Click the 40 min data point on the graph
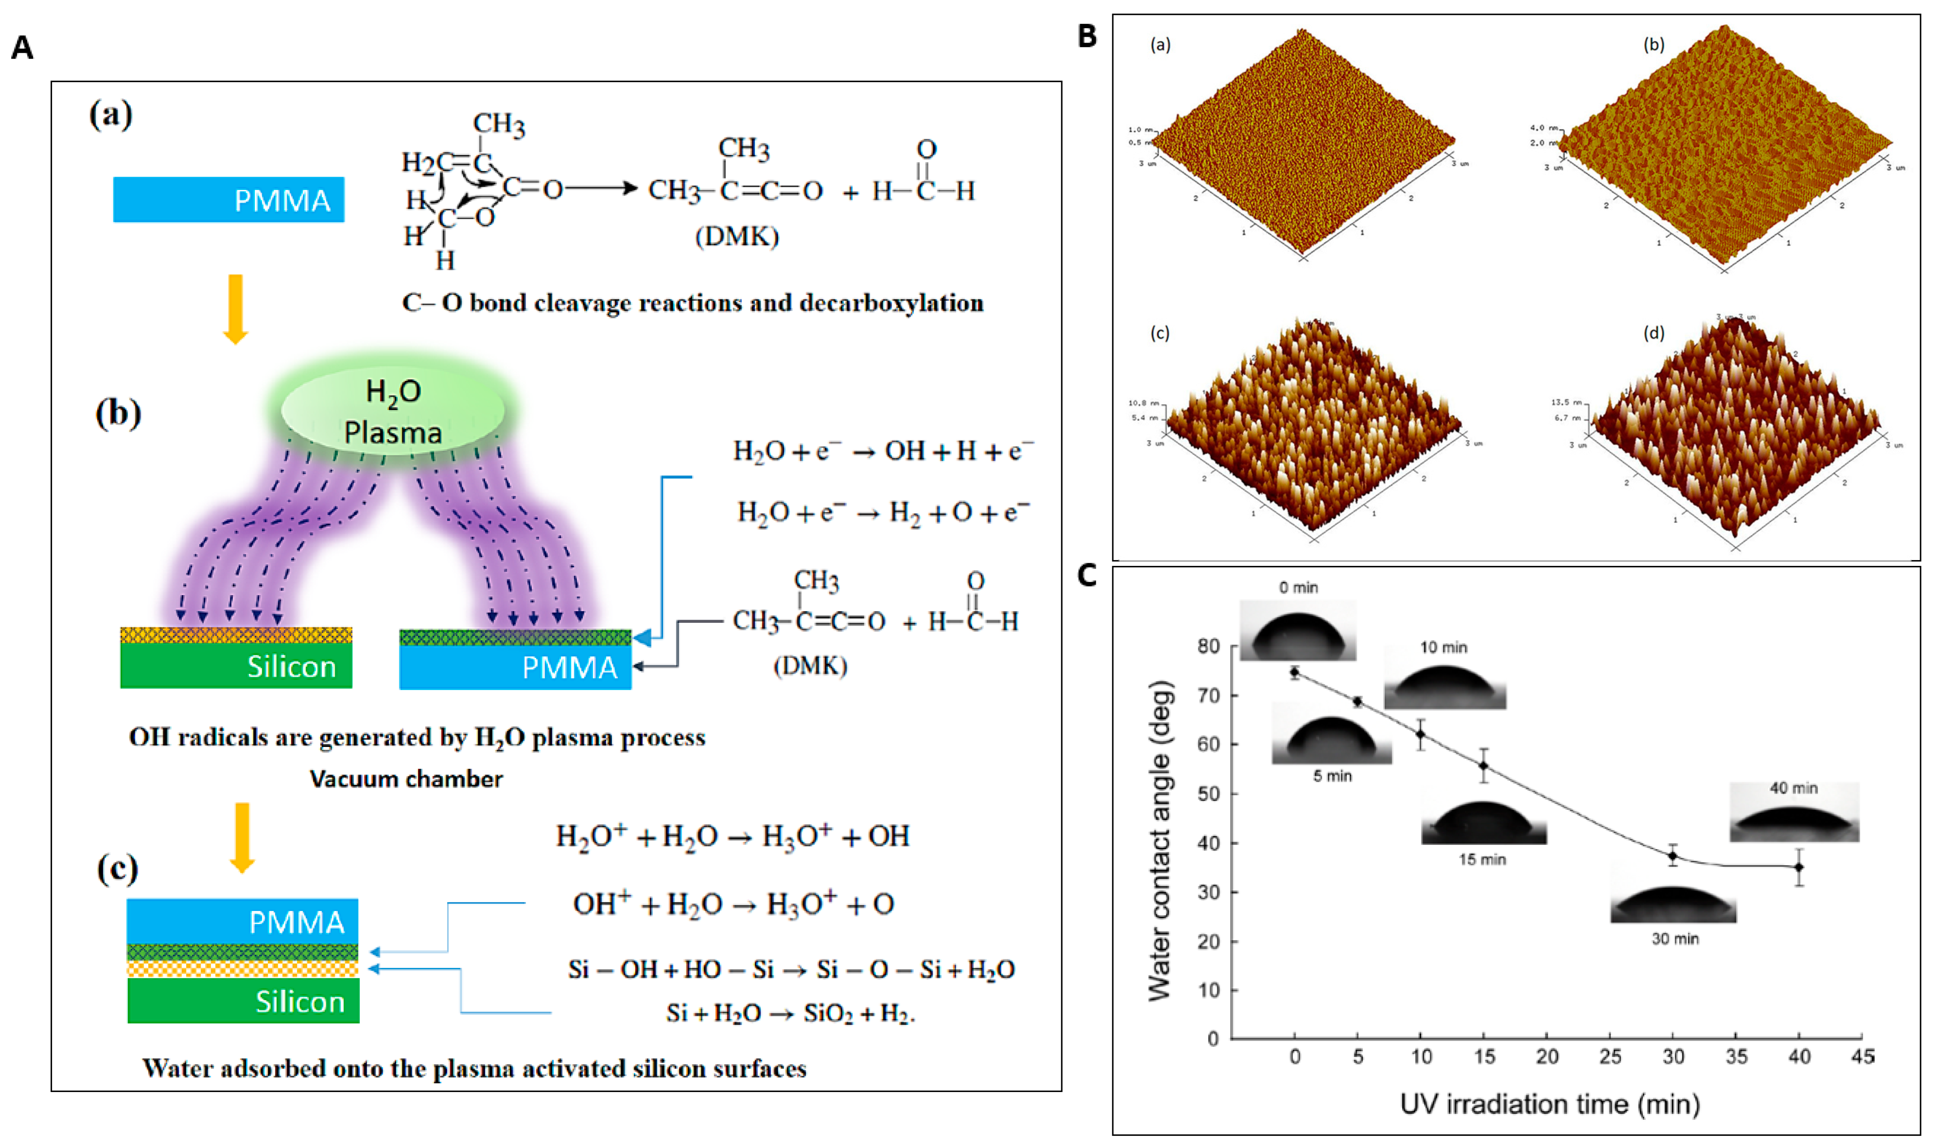coord(1799,867)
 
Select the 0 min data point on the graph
coord(1295,672)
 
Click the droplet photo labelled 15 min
coord(1483,823)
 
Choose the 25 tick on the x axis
coord(1610,1057)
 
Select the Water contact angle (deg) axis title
coord(1160,842)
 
